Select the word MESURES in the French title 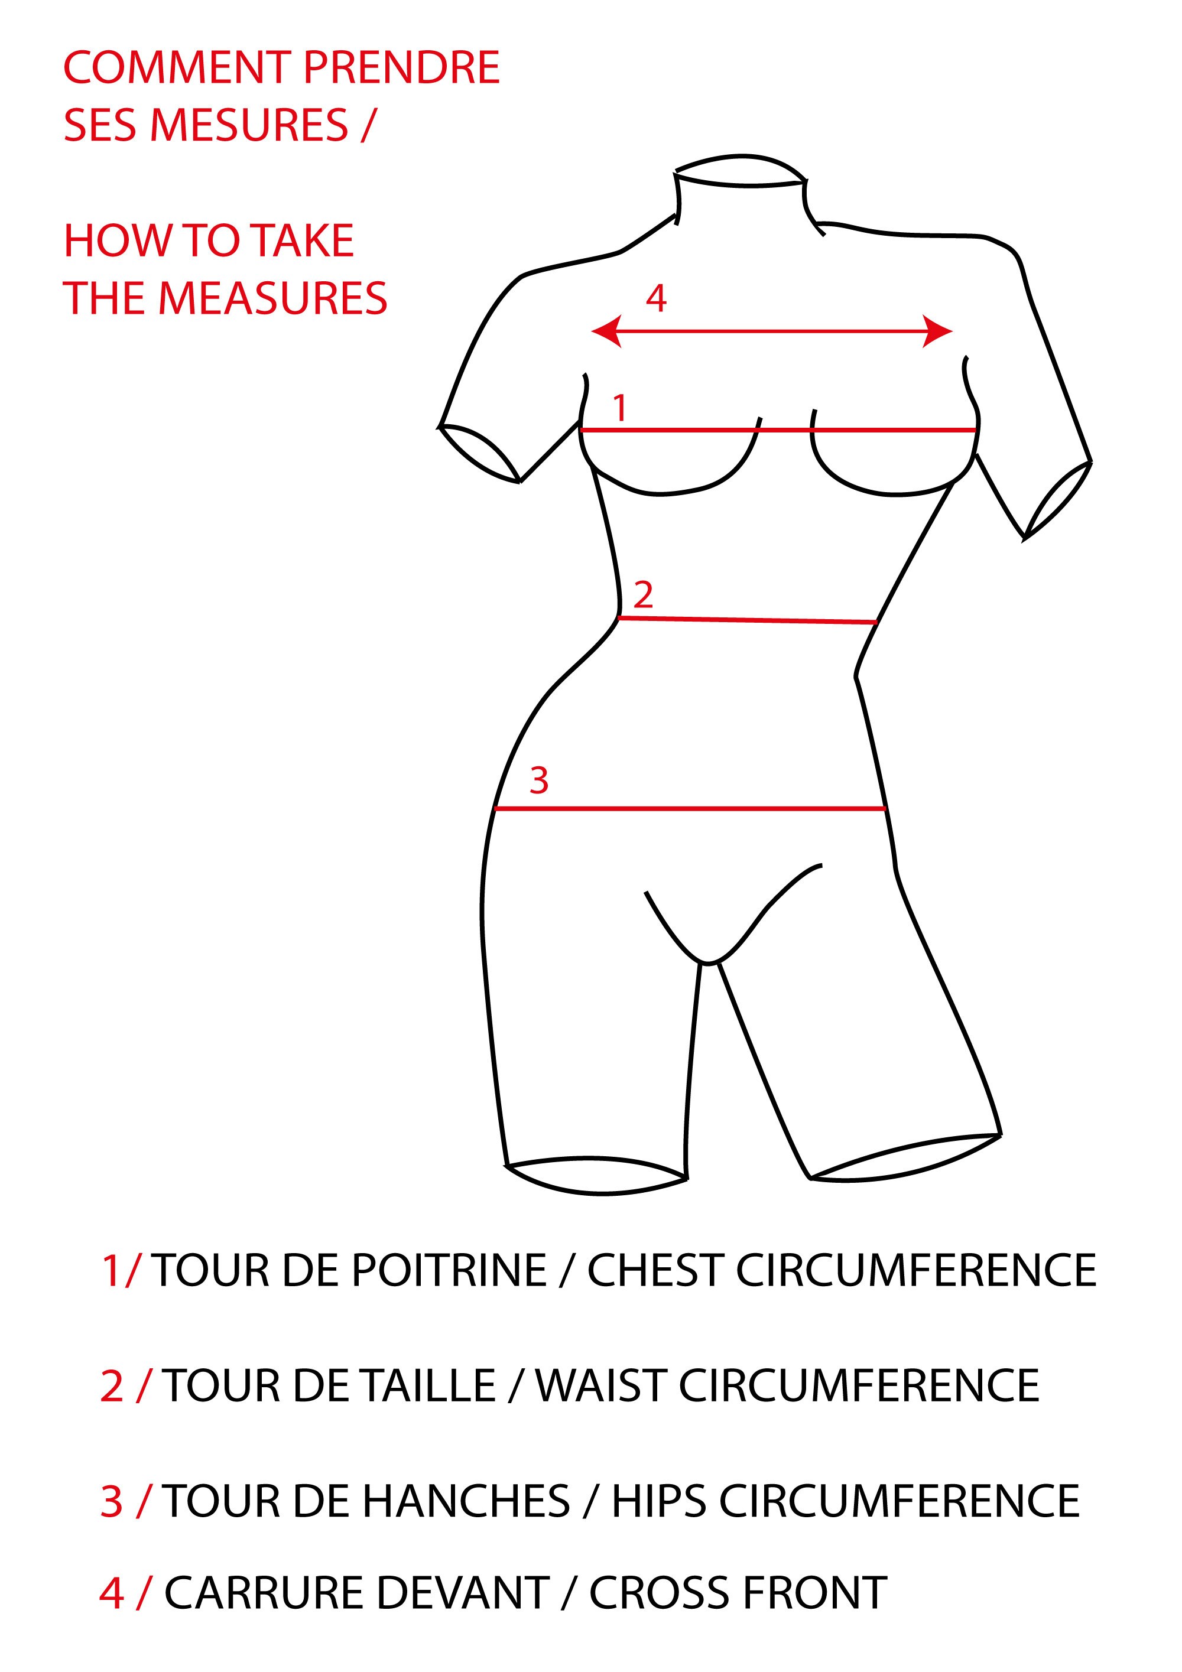[x=248, y=125]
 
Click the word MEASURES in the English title [x=272, y=298]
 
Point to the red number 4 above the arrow [x=655, y=298]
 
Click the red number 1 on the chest [x=620, y=408]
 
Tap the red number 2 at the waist [x=642, y=595]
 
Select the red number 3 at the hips [x=538, y=780]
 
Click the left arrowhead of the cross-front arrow [x=606, y=331]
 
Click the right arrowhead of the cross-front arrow [x=937, y=331]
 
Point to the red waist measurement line [x=747, y=620]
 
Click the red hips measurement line [x=690, y=808]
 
